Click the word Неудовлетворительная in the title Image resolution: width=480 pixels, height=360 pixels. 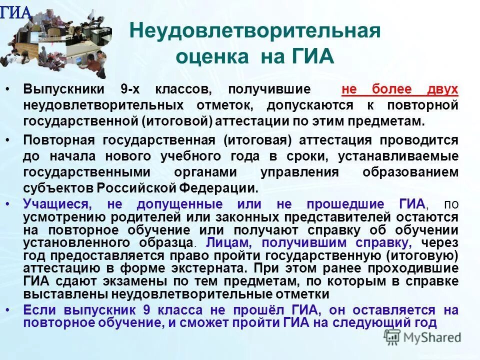click(255, 31)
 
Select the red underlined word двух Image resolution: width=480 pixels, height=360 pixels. click(442, 89)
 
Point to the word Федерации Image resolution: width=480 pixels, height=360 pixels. click(226, 188)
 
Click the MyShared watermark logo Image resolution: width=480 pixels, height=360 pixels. click(422, 337)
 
